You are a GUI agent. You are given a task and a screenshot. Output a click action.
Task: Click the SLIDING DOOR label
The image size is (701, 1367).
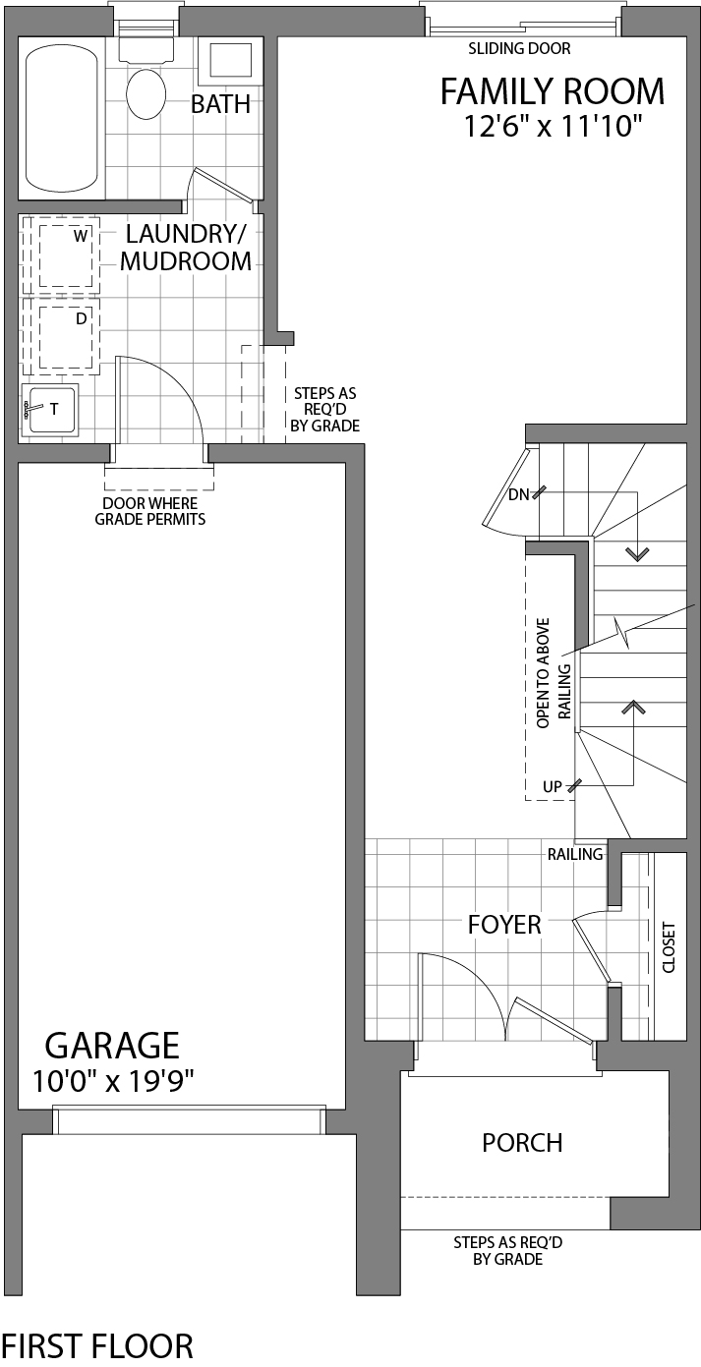pos(519,48)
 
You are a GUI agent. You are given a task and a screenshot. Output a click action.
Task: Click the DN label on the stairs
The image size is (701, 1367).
pos(518,495)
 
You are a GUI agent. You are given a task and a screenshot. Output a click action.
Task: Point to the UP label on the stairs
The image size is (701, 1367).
pos(553,786)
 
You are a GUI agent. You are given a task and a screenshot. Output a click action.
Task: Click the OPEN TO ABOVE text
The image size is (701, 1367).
pos(543,672)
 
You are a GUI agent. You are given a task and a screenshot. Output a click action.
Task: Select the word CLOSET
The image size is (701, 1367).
pos(670,946)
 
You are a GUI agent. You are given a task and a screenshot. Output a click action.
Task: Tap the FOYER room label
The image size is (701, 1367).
pos(503,925)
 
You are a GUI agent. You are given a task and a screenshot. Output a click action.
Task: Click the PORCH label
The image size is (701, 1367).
pos(522,1143)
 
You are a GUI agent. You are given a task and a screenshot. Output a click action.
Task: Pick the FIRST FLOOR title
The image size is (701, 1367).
pos(96,1345)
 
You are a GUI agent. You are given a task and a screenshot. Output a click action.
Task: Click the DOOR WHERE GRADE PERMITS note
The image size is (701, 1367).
pos(150,512)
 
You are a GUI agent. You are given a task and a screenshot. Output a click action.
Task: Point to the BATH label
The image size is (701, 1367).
pos(220,104)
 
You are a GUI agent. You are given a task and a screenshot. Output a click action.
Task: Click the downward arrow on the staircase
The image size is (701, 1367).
pos(638,554)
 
